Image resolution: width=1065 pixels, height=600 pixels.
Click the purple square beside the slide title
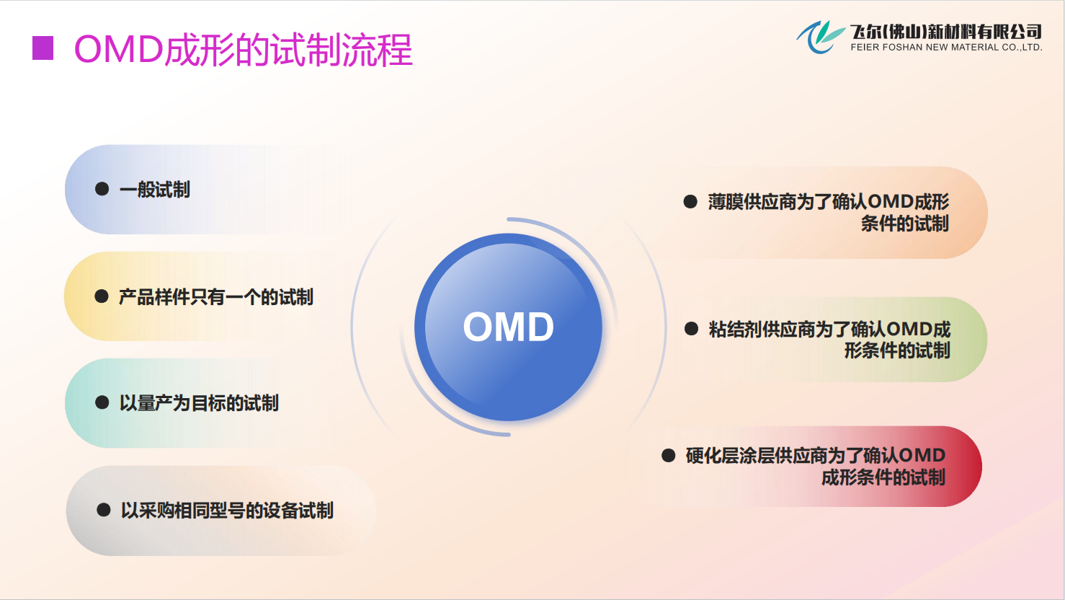(x=43, y=48)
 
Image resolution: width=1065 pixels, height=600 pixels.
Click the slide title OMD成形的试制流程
(x=243, y=50)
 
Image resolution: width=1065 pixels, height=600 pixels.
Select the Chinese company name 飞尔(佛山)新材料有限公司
(x=945, y=32)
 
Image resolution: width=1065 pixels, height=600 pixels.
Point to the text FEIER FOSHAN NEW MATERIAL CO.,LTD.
(x=946, y=48)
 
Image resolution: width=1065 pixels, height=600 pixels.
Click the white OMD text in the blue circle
(x=508, y=327)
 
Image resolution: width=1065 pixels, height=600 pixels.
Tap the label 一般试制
(x=155, y=190)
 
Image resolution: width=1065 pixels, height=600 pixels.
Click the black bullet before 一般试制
(x=102, y=189)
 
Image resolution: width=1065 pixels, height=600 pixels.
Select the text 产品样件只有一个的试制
(x=216, y=297)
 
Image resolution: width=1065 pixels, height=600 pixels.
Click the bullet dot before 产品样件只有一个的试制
(x=102, y=296)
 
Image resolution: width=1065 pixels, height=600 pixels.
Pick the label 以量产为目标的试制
(x=199, y=403)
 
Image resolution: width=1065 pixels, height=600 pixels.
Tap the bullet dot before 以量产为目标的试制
(x=102, y=402)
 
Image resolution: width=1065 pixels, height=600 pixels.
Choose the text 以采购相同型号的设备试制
(x=227, y=511)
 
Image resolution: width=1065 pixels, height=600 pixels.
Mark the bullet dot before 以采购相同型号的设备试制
(x=103, y=510)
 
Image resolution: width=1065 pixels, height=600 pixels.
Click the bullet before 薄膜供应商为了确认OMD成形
(x=690, y=202)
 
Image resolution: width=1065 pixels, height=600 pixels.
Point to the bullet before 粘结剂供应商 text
(x=691, y=329)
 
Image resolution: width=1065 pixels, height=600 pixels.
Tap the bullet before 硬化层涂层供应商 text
(x=669, y=455)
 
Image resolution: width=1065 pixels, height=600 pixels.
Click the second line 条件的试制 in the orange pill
(x=905, y=224)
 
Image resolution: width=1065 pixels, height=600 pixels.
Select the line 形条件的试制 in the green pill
(x=897, y=350)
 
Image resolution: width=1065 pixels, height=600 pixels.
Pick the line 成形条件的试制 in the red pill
(x=883, y=477)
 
